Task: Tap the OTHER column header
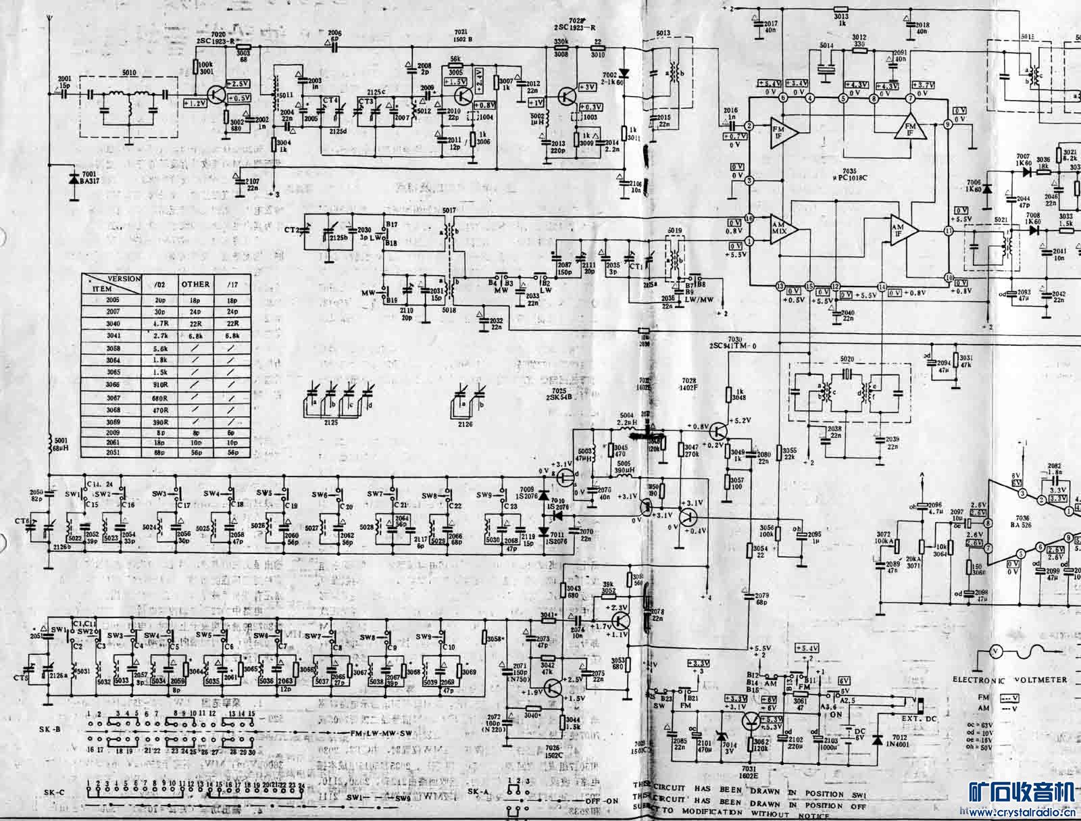coord(195,284)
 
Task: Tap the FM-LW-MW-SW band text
coord(359,733)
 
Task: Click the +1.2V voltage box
coord(194,103)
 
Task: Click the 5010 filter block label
coord(128,72)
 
